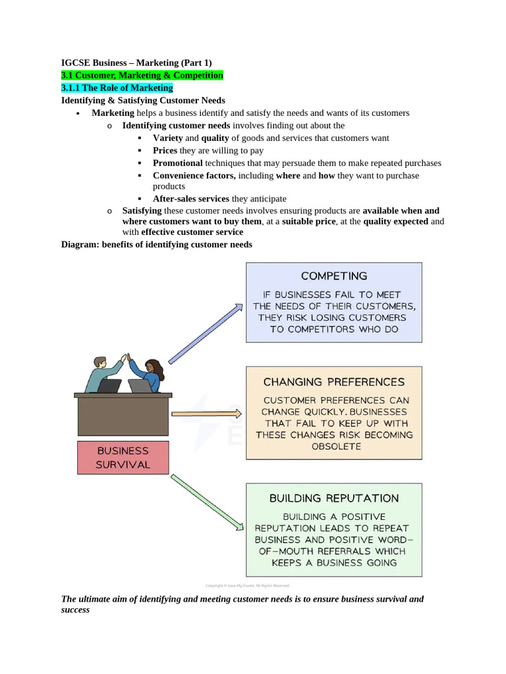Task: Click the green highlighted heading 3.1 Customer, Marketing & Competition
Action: (142, 75)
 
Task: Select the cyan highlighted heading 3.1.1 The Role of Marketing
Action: (117, 88)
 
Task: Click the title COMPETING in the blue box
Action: (334, 276)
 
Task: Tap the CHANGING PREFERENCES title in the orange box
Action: (334, 381)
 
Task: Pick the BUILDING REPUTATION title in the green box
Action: (334, 498)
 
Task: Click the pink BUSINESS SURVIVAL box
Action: (123, 457)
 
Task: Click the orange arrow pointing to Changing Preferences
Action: (206, 414)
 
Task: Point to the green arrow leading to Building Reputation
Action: (206, 502)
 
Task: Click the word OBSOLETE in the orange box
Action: (335, 446)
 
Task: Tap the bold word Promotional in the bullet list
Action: (178, 163)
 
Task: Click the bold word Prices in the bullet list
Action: (165, 150)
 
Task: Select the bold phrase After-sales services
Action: (191, 198)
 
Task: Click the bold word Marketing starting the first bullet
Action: (113, 113)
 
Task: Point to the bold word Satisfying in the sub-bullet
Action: (142, 211)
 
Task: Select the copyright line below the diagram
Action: (247, 585)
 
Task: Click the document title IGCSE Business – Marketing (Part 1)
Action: (136, 63)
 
